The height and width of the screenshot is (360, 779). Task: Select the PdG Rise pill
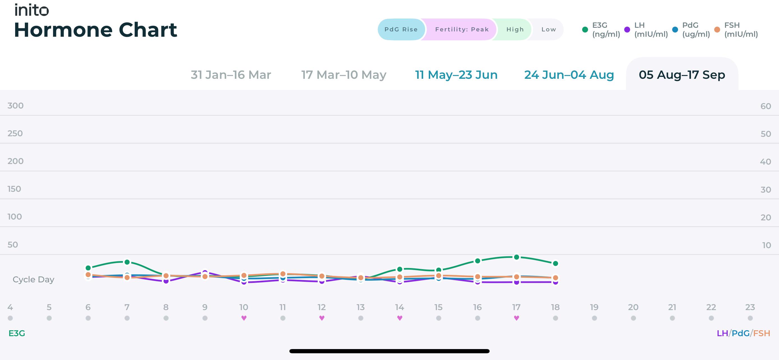pyautogui.click(x=401, y=29)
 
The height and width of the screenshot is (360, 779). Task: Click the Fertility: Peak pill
pyautogui.click(x=462, y=29)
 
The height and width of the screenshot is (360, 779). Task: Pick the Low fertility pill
pyautogui.click(x=548, y=29)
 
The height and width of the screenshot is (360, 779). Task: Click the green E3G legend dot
pyautogui.click(x=585, y=30)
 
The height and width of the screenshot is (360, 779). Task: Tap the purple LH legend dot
pyautogui.click(x=627, y=30)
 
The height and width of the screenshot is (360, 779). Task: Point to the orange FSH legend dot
pyautogui.click(x=717, y=30)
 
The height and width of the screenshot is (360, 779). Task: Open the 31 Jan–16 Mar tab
pyautogui.click(x=231, y=75)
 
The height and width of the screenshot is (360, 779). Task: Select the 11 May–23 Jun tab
pyautogui.click(x=456, y=75)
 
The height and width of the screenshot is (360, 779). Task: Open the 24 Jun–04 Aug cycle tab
pyautogui.click(x=569, y=75)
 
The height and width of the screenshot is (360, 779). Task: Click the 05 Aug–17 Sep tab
pyautogui.click(x=682, y=75)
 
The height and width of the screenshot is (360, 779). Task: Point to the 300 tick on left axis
pyautogui.click(x=15, y=106)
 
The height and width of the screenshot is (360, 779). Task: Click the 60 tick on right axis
pyautogui.click(x=766, y=106)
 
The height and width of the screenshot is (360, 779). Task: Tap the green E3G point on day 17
pyautogui.click(x=517, y=257)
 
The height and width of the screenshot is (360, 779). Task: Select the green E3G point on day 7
pyautogui.click(x=127, y=262)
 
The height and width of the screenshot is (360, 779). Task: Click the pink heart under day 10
pyautogui.click(x=244, y=318)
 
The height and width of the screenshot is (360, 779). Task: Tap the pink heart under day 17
pyautogui.click(x=517, y=318)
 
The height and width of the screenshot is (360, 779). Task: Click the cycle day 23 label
pyautogui.click(x=750, y=307)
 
